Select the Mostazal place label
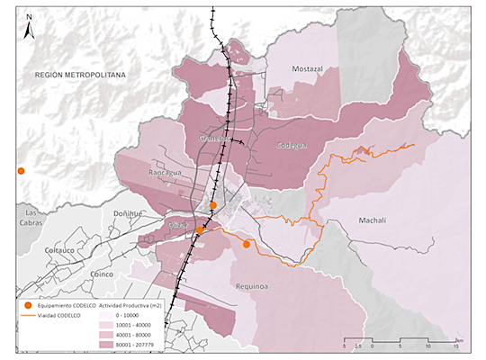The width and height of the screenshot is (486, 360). tap(308, 68)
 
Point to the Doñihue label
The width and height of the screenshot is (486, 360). tap(127, 213)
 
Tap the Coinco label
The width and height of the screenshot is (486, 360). tap(106, 274)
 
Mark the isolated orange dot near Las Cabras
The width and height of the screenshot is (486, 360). tap(21, 170)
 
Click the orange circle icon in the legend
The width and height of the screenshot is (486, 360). tap(28, 307)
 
